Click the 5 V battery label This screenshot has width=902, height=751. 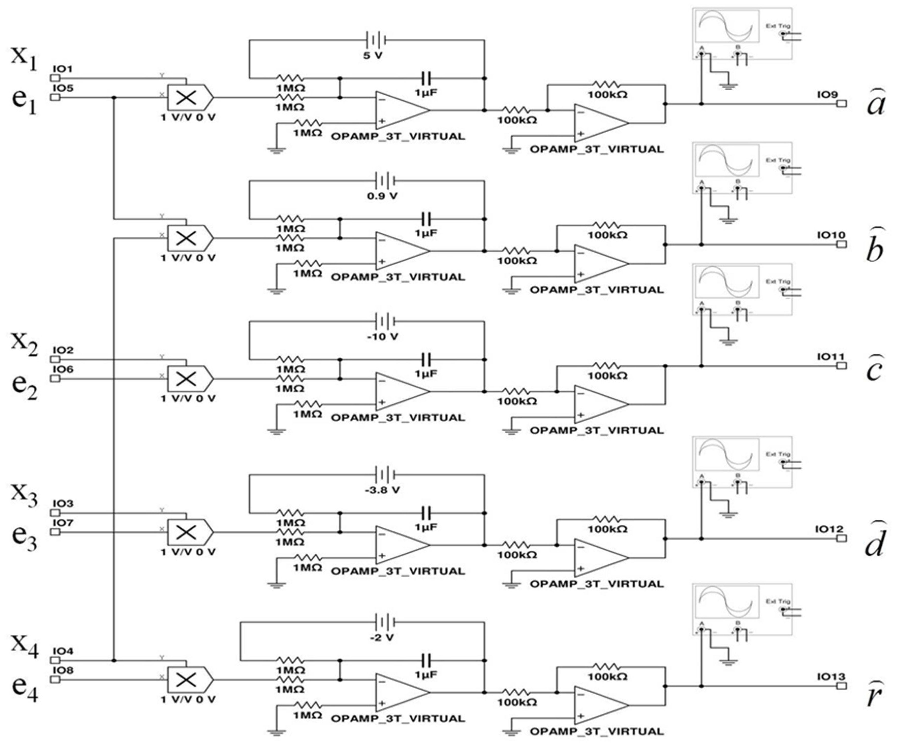coord(372,55)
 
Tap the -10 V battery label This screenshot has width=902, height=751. coord(382,337)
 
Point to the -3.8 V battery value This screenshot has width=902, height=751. coord(382,490)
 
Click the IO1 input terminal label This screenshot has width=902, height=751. coord(63,69)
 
